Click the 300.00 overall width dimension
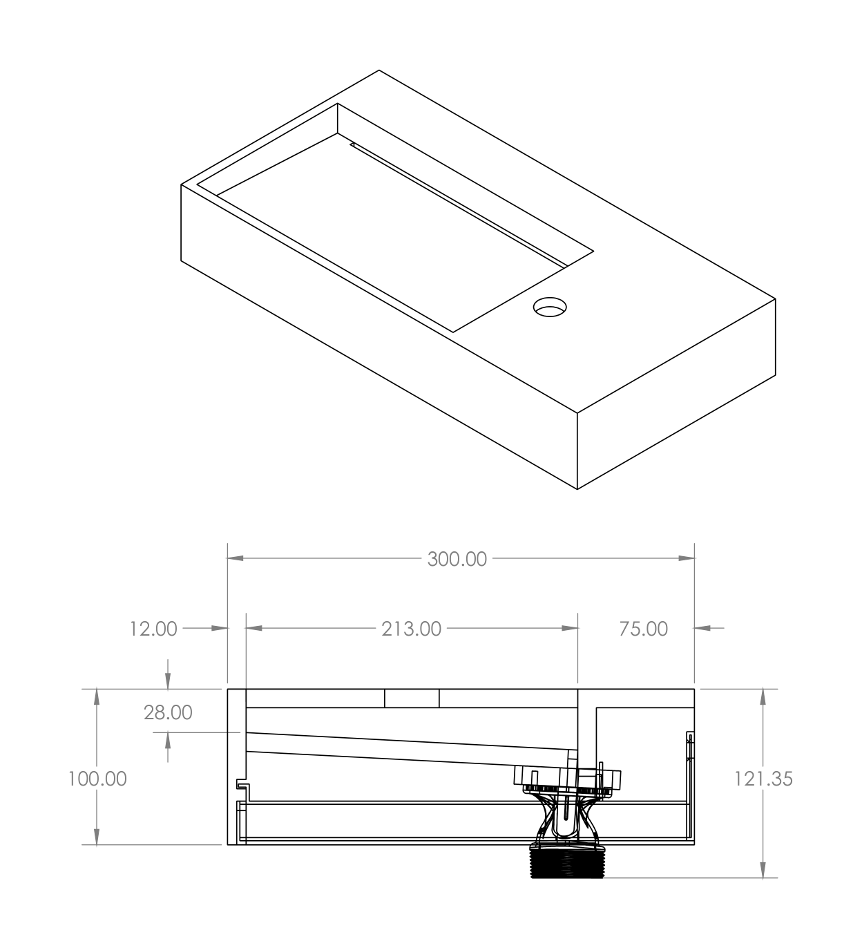pos(457,560)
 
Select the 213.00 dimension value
pos(412,629)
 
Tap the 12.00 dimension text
pos(153,629)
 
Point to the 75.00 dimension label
pos(644,629)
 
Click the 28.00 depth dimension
pos(168,713)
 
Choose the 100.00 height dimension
pos(97,779)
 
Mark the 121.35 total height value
pos(763,779)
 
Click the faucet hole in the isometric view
pos(550,307)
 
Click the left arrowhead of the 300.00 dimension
pos(236,558)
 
